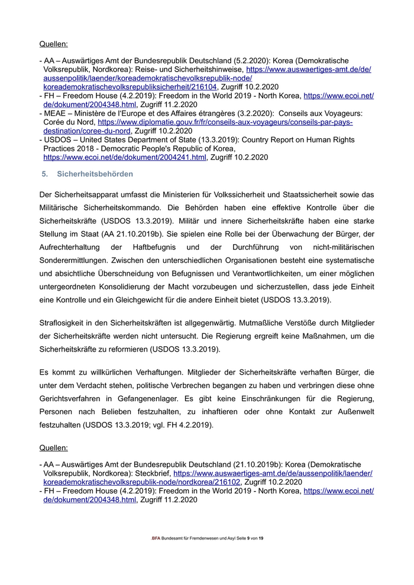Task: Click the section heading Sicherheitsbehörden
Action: [x=95, y=174]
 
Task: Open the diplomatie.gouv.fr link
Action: [x=225, y=122]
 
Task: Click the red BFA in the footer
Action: [x=156, y=538]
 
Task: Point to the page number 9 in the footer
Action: [x=248, y=538]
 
